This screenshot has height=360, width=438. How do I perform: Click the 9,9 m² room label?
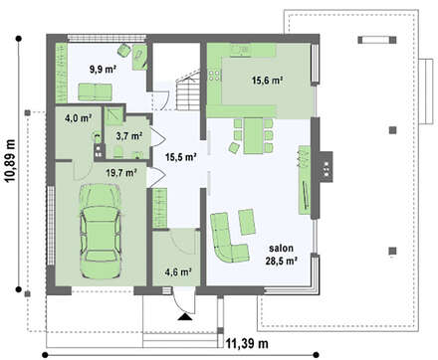[x=103, y=69]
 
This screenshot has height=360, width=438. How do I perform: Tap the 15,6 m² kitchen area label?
[x=268, y=80]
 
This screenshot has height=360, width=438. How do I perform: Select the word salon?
[x=281, y=248]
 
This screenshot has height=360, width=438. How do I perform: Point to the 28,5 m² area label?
[x=281, y=261]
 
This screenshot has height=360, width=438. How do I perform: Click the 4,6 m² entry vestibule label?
[x=178, y=271]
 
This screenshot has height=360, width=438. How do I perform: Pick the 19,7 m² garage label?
[x=121, y=172]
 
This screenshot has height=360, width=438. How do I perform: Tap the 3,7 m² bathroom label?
[x=129, y=135]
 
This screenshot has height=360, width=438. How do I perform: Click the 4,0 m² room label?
[x=79, y=117]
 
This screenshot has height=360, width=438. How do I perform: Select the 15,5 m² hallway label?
[x=181, y=157]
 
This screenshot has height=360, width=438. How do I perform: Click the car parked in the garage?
[x=100, y=231]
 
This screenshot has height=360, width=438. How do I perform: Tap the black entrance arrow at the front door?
[x=185, y=317]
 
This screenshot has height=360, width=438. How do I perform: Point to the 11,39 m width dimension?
[x=247, y=343]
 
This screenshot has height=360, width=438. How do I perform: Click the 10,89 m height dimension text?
[x=10, y=161]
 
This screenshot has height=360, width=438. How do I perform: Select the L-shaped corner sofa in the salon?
[x=229, y=237]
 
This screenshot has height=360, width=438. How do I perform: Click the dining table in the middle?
[x=254, y=135]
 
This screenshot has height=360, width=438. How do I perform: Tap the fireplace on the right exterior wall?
[x=326, y=166]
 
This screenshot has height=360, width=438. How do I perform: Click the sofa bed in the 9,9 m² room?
[x=95, y=91]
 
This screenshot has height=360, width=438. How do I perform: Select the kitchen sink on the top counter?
[x=240, y=50]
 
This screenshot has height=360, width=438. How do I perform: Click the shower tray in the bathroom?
[x=113, y=115]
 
